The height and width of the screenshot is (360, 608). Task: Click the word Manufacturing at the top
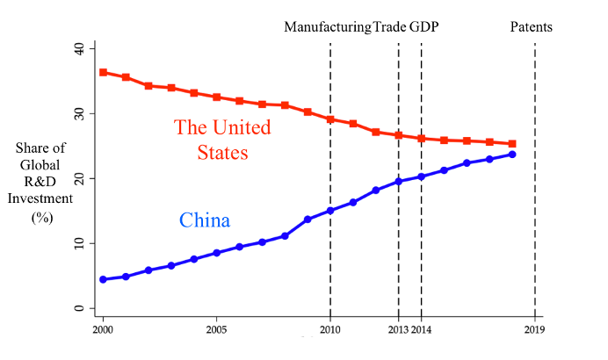pyautogui.click(x=327, y=27)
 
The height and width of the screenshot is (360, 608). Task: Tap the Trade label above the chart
pyautogui.click(x=389, y=27)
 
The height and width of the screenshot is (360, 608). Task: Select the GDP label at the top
pyautogui.click(x=423, y=27)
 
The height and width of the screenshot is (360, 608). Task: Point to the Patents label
pyautogui.click(x=532, y=27)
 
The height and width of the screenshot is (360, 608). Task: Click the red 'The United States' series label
pyautogui.click(x=222, y=140)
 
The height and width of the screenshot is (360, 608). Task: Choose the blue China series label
pyautogui.click(x=205, y=220)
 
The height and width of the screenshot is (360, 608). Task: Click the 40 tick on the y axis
pyautogui.click(x=80, y=48)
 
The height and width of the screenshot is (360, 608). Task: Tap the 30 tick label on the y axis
pyautogui.click(x=80, y=113)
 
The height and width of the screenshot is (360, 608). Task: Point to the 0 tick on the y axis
pyautogui.click(x=80, y=308)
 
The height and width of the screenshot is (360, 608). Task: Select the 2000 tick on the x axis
pyautogui.click(x=104, y=331)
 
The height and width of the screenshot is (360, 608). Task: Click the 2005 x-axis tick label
pyautogui.click(x=217, y=331)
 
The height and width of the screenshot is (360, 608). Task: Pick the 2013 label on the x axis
pyautogui.click(x=397, y=331)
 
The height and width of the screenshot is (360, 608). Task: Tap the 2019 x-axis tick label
pyautogui.click(x=535, y=331)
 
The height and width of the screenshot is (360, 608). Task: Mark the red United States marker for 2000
pyautogui.click(x=104, y=72)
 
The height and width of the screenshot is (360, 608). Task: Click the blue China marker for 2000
pyautogui.click(x=104, y=279)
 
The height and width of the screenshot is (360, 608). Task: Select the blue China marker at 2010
pyautogui.click(x=330, y=211)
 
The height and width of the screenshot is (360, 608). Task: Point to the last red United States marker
pyautogui.click(x=512, y=144)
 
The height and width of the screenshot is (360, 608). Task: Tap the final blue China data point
pyautogui.click(x=512, y=155)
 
